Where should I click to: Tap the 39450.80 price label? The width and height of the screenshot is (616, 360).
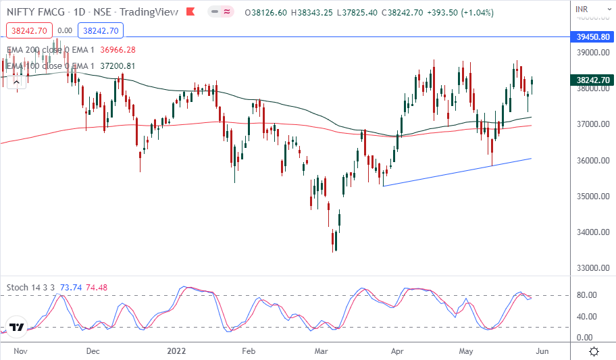(x=590, y=37)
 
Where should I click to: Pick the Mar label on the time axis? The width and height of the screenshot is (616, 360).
(x=322, y=351)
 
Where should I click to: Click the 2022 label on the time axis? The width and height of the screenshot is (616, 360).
(x=176, y=351)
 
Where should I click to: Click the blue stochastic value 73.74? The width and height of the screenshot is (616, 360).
(x=71, y=287)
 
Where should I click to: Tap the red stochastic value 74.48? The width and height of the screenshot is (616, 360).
(x=98, y=287)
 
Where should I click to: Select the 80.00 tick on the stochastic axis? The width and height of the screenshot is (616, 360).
(x=586, y=295)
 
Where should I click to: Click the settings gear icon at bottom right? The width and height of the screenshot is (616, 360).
(x=594, y=351)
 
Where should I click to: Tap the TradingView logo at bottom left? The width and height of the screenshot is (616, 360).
(x=18, y=328)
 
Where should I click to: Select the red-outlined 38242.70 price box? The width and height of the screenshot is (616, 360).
(x=28, y=30)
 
